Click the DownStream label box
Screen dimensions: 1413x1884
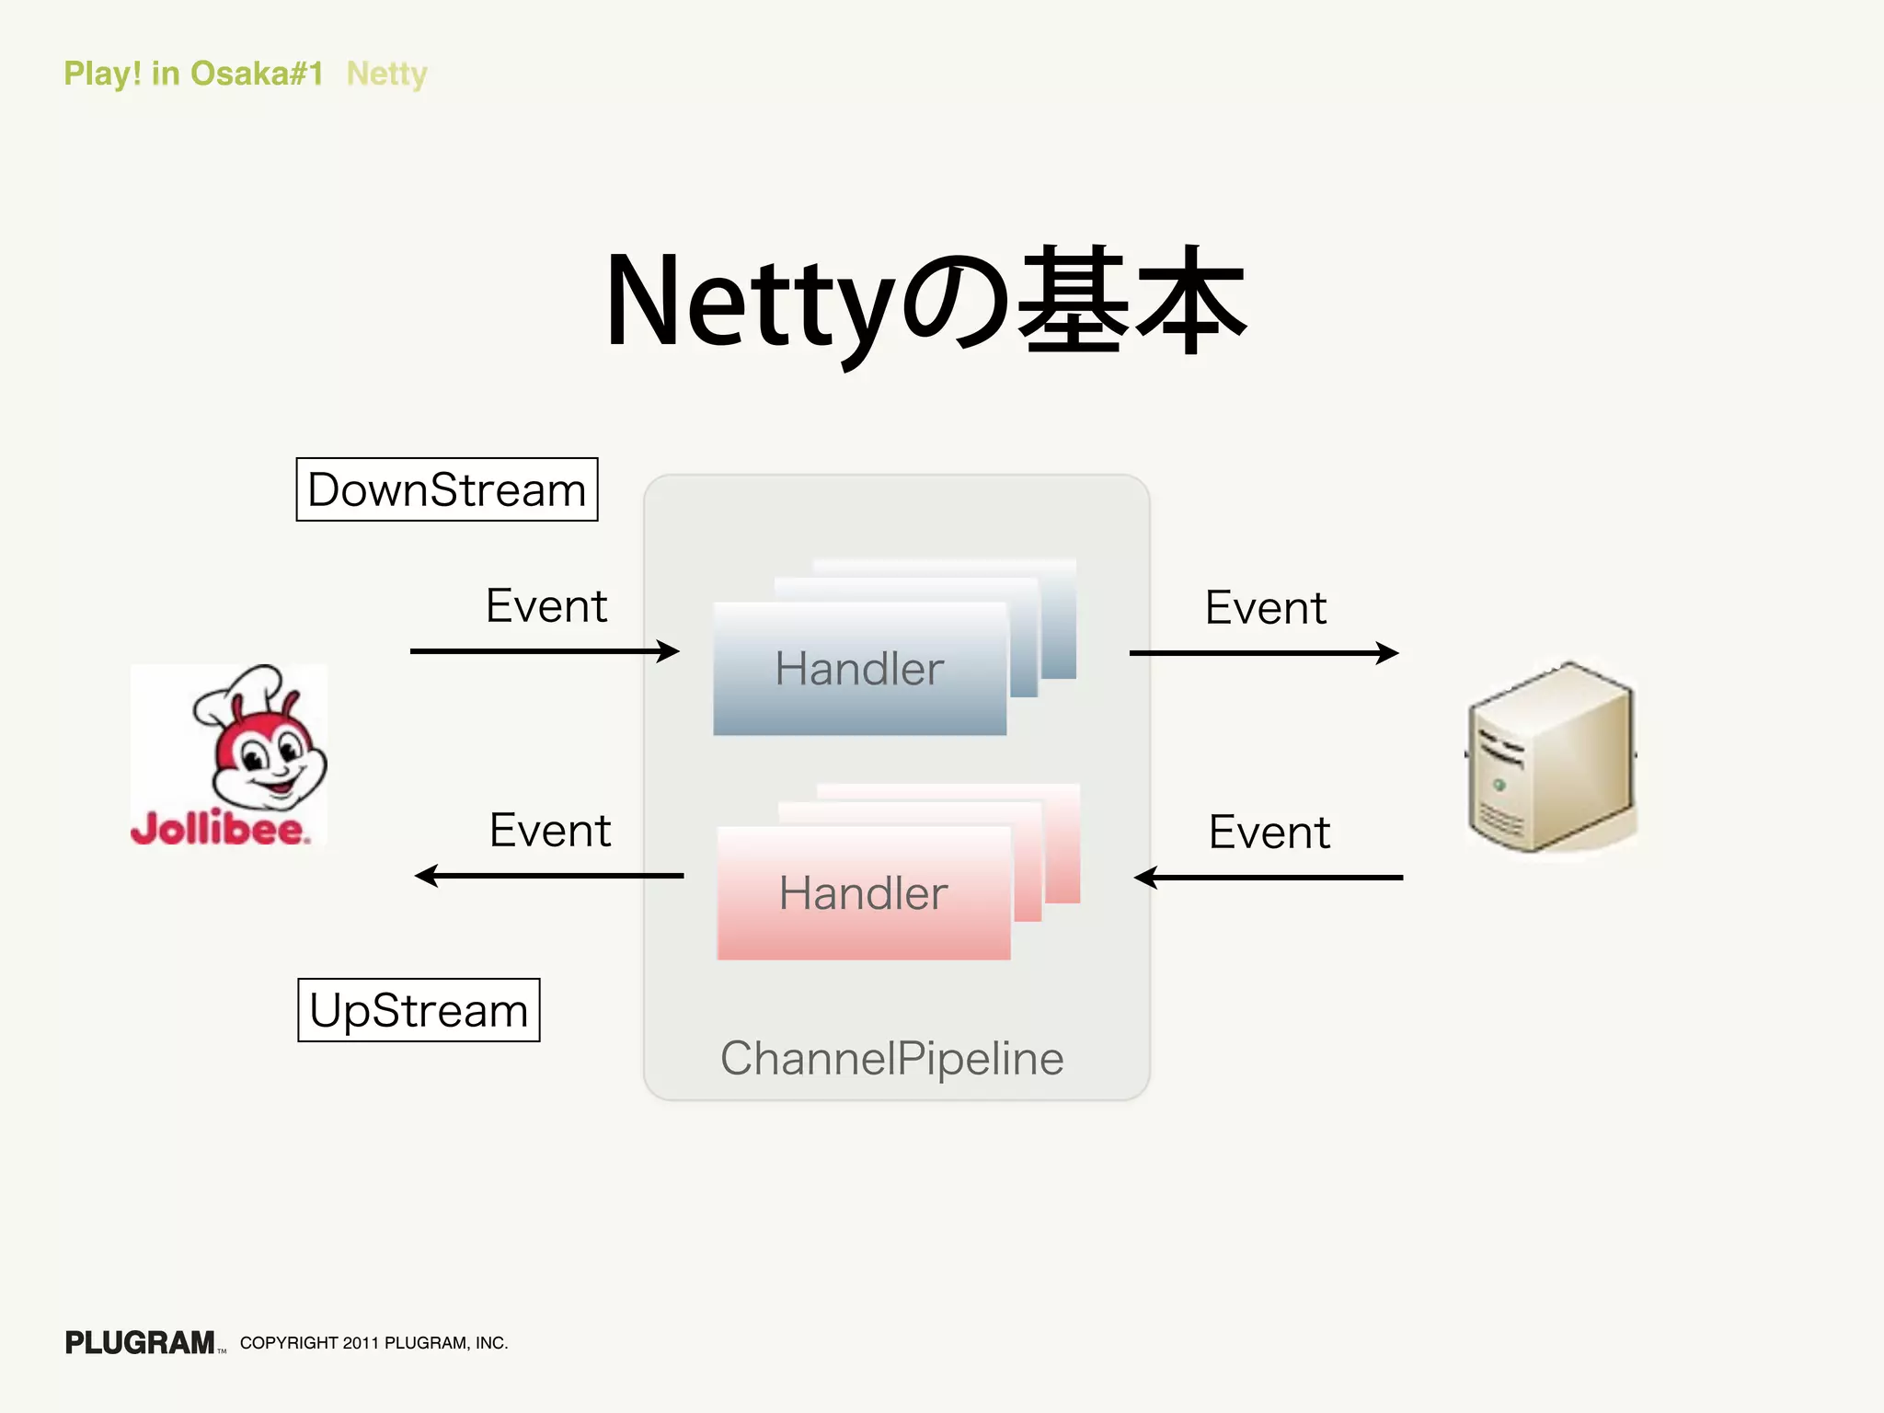(446, 489)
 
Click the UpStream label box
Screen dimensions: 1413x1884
(419, 1010)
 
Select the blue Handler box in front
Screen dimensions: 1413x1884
(859, 669)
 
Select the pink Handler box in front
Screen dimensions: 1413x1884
(863, 893)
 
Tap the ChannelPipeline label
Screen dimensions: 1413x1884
(891, 1058)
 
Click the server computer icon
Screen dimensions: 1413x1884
(1551, 756)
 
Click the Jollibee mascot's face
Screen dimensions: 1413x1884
(267, 759)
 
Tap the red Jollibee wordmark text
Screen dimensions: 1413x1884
(219, 829)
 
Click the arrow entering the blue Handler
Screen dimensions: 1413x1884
(544, 651)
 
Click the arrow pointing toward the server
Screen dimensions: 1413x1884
(1263, 653)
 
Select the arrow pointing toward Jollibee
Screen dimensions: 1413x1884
(549, 876)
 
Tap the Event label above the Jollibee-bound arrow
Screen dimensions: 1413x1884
(549, 830)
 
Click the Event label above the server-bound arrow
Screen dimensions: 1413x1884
(1265, 608)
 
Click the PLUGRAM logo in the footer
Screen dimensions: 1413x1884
(140, 1343)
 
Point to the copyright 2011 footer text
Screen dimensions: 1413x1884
(373, 1343)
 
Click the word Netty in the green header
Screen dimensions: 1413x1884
(386, 74)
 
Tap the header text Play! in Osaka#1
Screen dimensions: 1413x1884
(193, 74)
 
